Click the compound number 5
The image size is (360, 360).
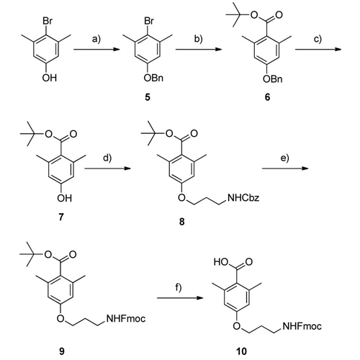[x=148, y=97]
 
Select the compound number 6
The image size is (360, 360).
[x=267, y=97]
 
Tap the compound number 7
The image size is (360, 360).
[x=61, y=217]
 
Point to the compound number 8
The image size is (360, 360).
[x=181, y=221]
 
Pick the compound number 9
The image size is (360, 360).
[x=61, y=351]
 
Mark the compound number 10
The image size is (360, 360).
[x=241, y=351]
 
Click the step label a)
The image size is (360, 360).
[x=96, y=39]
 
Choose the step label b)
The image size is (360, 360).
[x=198, y=39]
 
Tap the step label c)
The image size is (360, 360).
[x=318, y=39]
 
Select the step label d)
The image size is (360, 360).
[x=107, y=158]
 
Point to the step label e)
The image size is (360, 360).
[x=285, y=158]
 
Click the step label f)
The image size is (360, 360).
[x=178, y=287]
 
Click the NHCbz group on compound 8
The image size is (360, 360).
[x=243, y=198]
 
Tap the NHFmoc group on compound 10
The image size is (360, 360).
[x=302, y=326]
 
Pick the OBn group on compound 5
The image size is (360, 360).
[x=153, y=78]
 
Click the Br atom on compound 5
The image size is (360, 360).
[x=149, y=21]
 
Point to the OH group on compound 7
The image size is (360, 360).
[x=64, y=198]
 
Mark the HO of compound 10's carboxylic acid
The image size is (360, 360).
[x=221, y=262]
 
